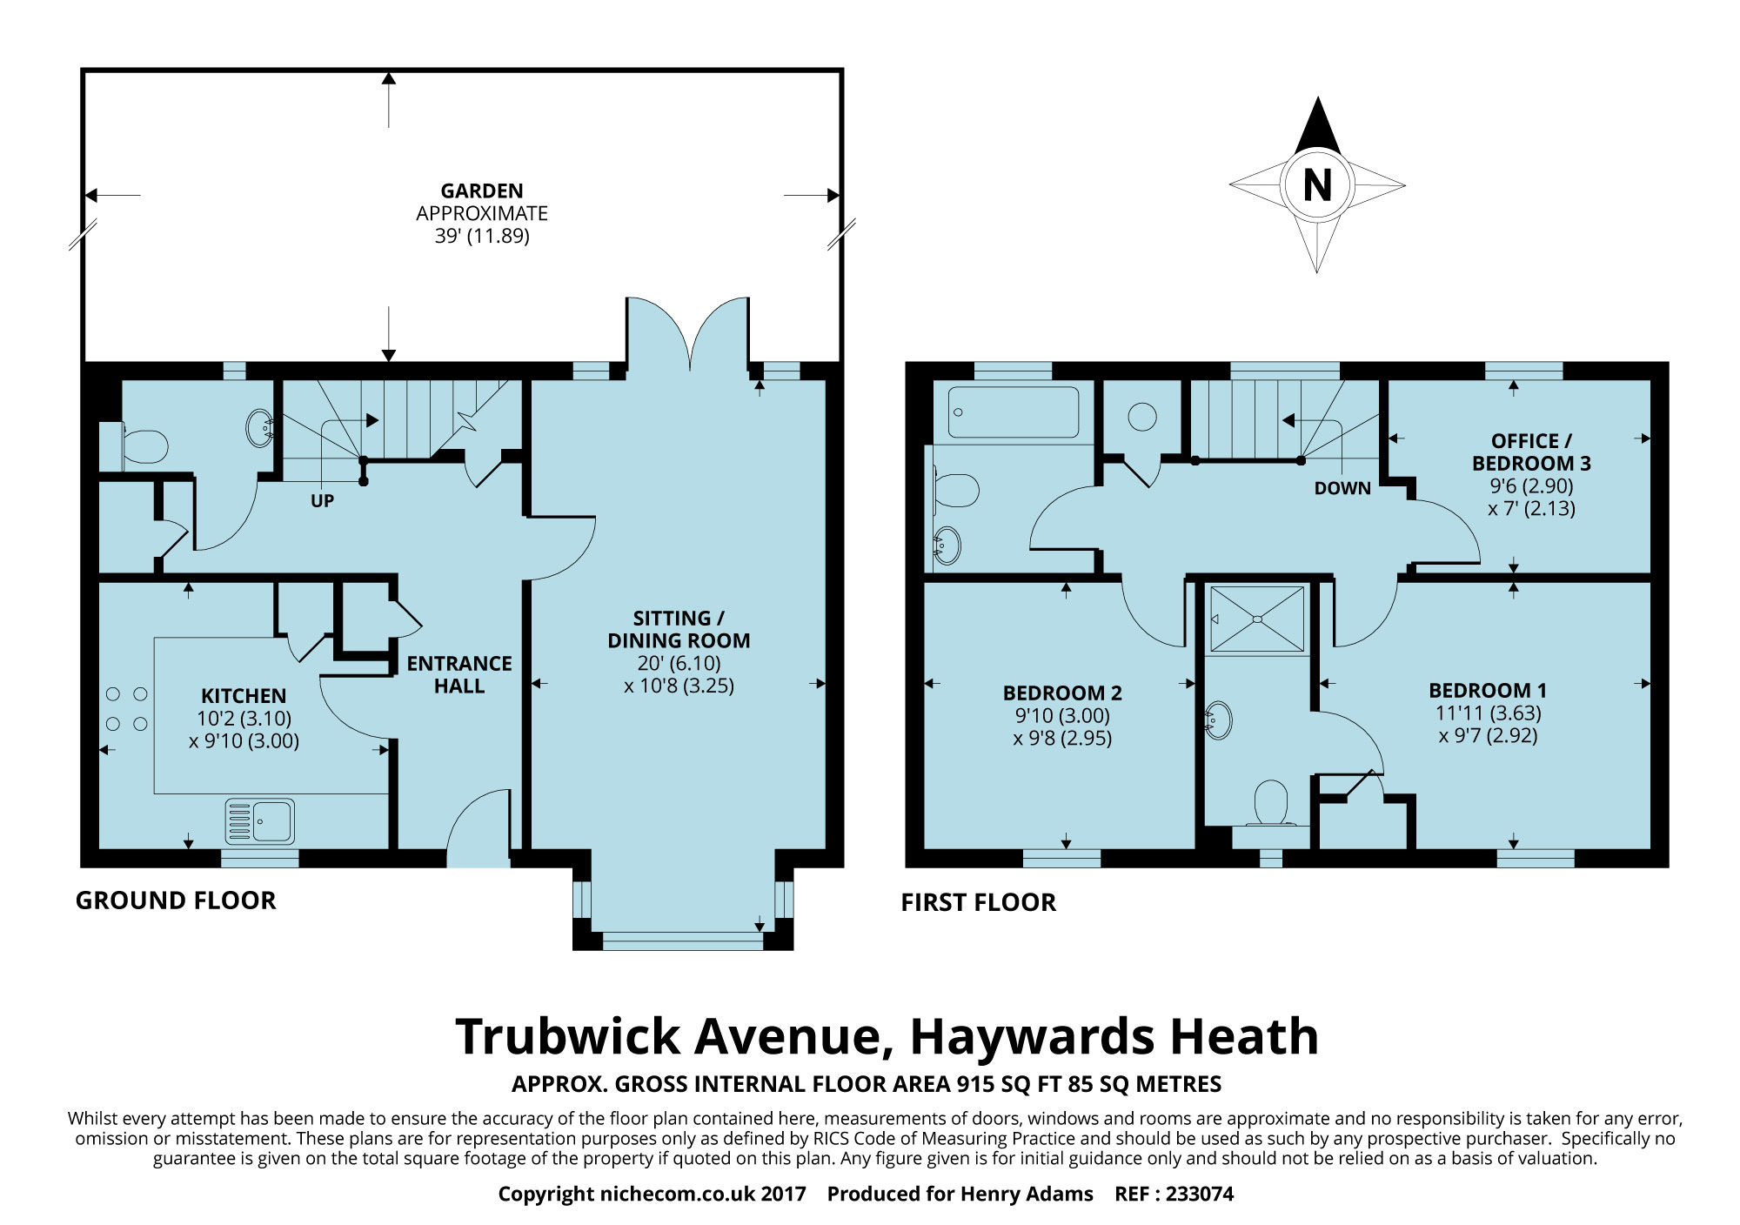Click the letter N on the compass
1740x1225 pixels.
coord(1317,185)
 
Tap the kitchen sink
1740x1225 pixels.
coord(260,821)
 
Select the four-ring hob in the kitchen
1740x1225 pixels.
coord(126,708)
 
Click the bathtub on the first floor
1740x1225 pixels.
coord(1014,411)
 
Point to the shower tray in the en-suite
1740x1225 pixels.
coord(1257,619)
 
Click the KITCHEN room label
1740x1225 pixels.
coord(244,696)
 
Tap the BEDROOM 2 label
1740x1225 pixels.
coord(1062,693)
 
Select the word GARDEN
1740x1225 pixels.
coord(482,191)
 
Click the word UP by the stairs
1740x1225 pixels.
coord(322,501)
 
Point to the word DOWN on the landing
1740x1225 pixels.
coord(1342,489)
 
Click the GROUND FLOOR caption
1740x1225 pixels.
coord(176,900)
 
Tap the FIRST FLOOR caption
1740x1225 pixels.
coord(979,903)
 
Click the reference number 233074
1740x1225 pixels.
coord(1200,1194)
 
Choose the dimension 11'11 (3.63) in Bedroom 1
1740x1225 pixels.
coord(1488,713)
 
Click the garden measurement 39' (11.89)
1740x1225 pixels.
coord(482,236)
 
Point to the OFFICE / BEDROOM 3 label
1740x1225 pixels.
coord(1531,452)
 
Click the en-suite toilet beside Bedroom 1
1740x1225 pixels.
coord(1270,802)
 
